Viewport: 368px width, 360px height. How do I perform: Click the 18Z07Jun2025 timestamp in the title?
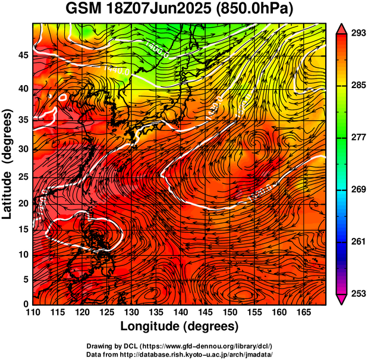coord(156,10)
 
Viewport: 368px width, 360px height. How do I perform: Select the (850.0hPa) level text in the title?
coord(256,10)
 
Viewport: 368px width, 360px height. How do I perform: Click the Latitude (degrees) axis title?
coord(8,163)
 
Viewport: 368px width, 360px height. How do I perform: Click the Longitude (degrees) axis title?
coord(180,326)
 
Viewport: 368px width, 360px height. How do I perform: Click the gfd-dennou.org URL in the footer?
coord(202,346)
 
